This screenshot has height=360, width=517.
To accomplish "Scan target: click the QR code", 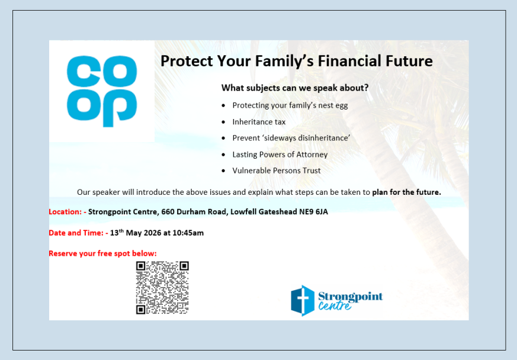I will [x=162, y=287].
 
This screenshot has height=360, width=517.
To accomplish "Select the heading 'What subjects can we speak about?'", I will [x=295, y=88].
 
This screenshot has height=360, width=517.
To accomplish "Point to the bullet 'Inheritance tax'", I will [x=259, y=122].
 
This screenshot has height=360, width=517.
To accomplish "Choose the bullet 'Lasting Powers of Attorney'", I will [x=280, y=155].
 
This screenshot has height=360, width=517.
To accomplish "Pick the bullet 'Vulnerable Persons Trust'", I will [x=276, y=171].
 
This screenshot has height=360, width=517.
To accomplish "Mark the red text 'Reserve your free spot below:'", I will [x=102, y=253].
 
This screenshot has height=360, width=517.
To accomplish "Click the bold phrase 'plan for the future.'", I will [x=406, y=192].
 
